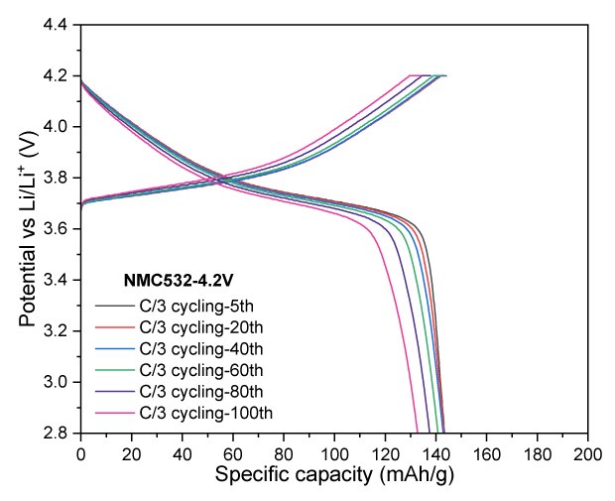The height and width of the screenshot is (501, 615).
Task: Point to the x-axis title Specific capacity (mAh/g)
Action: tap(334, 476)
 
